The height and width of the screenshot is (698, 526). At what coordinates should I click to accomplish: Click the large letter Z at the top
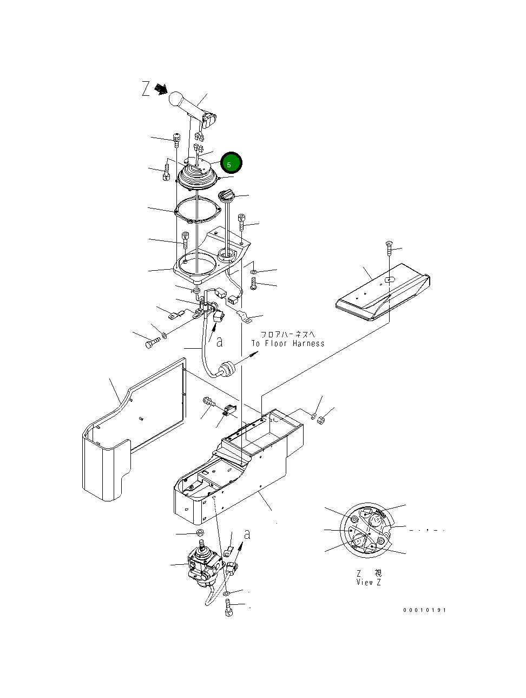(146, 89)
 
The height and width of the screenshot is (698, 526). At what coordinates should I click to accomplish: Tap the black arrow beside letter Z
(160, 89)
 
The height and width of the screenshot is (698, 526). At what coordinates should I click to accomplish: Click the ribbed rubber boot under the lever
(198, 177)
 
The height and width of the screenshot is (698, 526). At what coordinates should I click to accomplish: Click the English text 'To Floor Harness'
(288, 343)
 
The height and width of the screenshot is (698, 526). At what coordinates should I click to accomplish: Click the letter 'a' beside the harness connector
(220, 342)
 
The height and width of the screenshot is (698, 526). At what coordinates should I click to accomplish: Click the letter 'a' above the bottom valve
(247, 534)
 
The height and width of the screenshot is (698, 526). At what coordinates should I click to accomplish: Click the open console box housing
(238, 466)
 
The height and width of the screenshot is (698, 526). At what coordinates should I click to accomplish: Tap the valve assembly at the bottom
(205, 566)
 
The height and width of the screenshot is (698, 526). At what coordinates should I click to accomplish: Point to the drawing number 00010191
(424, 610)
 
